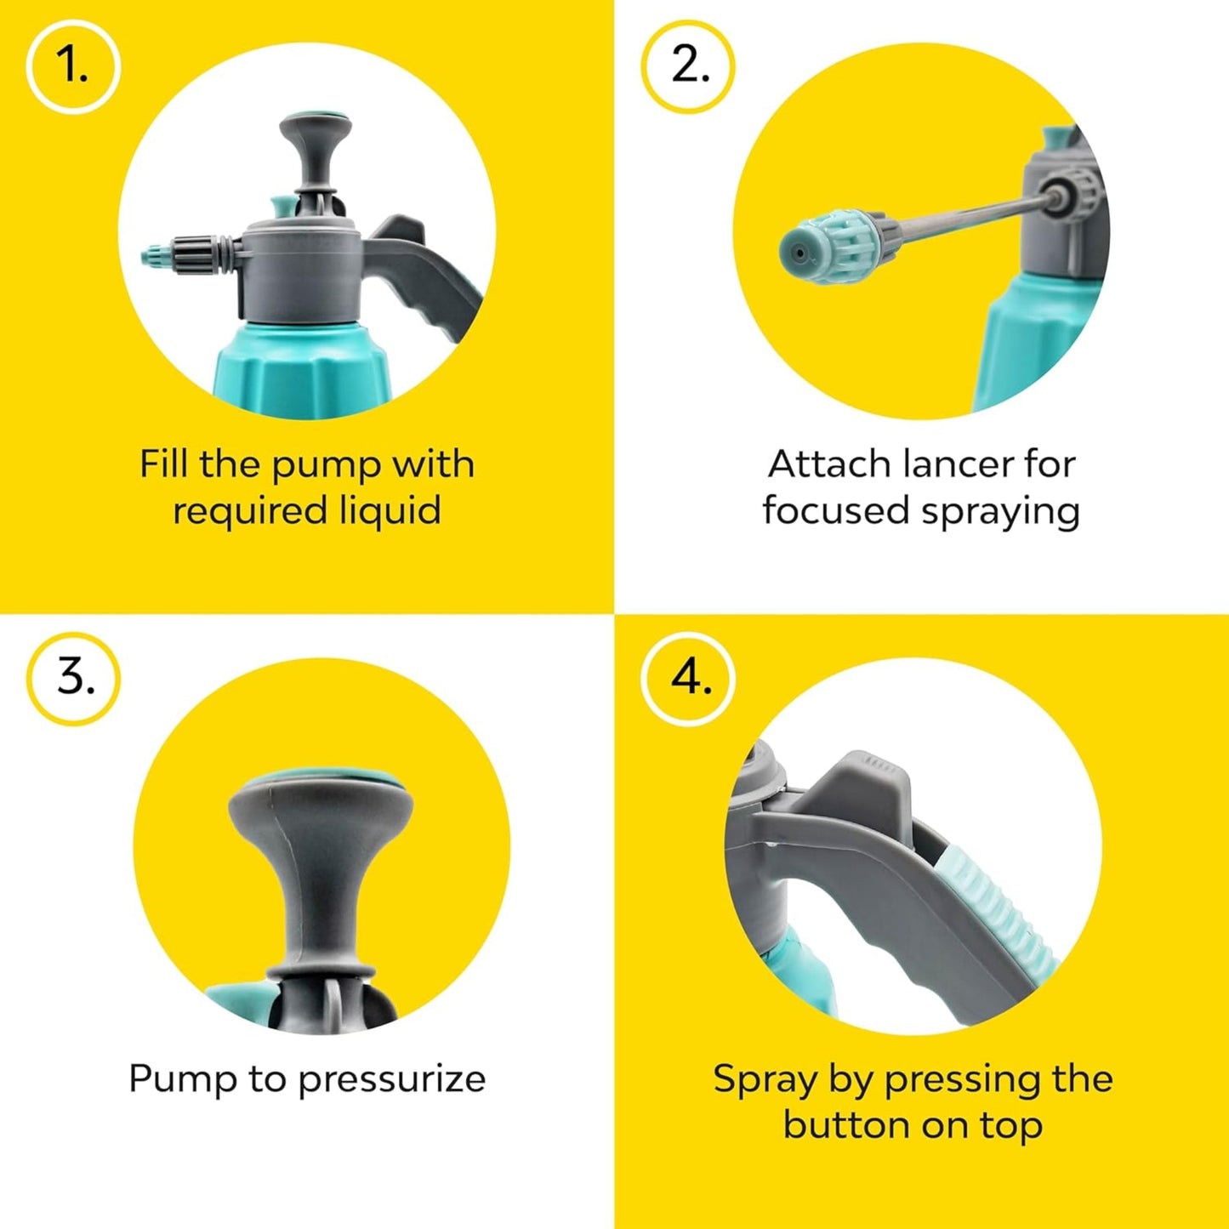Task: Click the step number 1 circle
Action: click(73, 66)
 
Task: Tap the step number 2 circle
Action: click(688, 66)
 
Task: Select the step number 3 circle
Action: click(74, 679)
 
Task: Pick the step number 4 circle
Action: click(688, 679)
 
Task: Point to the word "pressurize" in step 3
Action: click(391, 1079)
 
